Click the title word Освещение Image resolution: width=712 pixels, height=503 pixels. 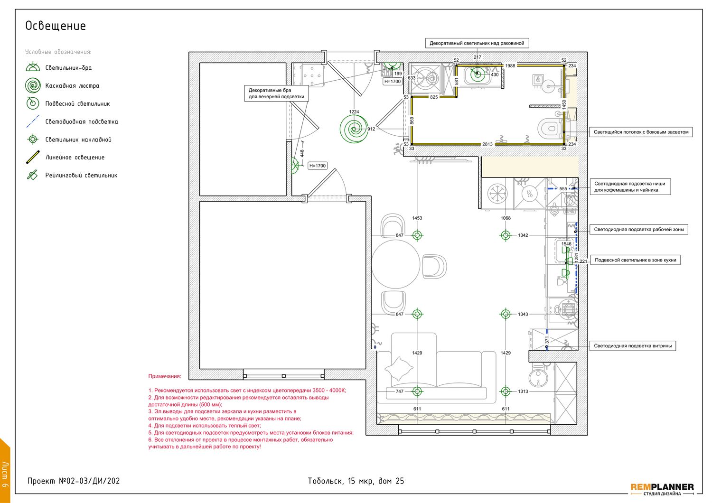tap(56, 26)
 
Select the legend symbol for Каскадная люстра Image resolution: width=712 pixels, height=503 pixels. tap(33, 85)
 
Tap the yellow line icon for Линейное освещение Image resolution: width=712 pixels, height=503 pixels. tap(33, 157)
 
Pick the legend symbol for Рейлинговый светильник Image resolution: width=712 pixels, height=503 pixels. tap(32, 175)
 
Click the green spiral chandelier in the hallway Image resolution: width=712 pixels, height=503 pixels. tap(354, 129)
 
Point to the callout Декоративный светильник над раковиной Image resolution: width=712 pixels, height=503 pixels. tap(477, 43)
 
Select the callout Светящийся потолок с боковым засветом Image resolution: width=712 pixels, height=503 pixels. tap(641, 132)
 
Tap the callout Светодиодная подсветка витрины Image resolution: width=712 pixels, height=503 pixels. tap(633, 346)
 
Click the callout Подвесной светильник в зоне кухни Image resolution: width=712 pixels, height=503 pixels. tap(635, 260)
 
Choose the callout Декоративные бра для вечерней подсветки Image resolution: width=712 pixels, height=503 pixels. tap(276, 93)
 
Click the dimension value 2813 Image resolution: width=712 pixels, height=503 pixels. tap(487, 144)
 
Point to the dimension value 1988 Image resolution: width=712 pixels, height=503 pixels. tap(510, 66)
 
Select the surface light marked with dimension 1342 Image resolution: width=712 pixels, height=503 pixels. tap(506, 235)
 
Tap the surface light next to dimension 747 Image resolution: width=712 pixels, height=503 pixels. tap(417, 391)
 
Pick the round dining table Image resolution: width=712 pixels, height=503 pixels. tap(396, 264)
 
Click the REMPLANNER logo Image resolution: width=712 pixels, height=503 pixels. tap(662, 489)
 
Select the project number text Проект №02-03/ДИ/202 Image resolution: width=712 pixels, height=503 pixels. tap(74, 481)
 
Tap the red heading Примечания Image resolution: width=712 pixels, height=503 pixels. tap(165, 376)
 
